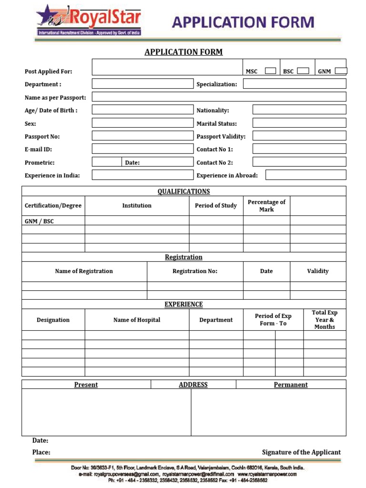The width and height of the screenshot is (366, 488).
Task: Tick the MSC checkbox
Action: (x=270, y=71)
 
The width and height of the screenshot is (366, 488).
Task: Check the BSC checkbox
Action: (x=303, y=71)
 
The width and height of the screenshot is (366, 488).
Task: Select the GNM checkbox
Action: (x=341, y=71)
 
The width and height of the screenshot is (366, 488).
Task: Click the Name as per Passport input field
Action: (x=219, y=97)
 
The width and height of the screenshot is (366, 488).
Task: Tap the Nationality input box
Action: (x=299, y=110)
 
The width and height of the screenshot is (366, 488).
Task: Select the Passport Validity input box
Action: (x=299, y=136)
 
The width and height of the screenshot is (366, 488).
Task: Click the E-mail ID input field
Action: (x=142, y=149)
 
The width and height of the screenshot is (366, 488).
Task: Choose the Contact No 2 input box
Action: (x=299, y=162)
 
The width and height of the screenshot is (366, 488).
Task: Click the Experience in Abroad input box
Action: (x=305, y=175)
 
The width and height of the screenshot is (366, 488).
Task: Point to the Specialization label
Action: (x=217, y=84)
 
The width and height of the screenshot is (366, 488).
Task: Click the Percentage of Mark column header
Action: (x=266, y=206)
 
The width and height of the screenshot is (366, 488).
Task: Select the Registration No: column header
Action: (x=195, y=271)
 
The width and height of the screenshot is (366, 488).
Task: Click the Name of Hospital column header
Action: (x=137, y=320)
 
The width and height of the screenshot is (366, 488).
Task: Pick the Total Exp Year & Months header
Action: (x=325, y=320)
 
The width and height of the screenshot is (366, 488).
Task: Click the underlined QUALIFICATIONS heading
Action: (x=183, y=192)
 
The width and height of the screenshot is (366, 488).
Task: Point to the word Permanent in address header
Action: (x=291, y=385)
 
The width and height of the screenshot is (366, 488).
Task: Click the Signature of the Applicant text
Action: (x=301, y=452)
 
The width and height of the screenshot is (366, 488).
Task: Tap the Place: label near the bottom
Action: (x=41, y=452)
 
